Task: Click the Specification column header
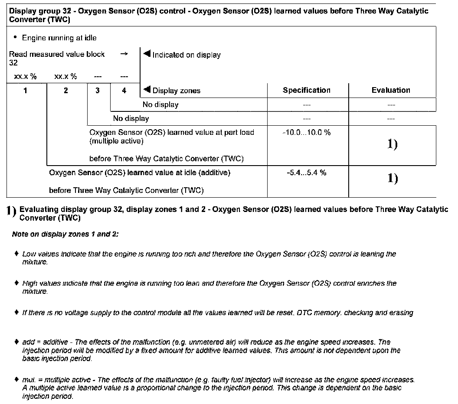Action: tap(307, 90)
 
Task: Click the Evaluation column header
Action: tap(391, 90)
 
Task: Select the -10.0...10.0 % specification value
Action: tap(307, 132)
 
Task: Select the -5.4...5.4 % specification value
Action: tap(307, 173)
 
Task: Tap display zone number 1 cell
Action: tap(26, 91)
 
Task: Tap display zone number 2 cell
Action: tap(66, 91)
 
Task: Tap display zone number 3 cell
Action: tap(98, 91)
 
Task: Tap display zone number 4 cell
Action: tap(124, 91)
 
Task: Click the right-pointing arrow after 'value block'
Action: tap(124, 54)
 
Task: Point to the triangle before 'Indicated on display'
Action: tap(146, 54)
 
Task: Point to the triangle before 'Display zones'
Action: tap(146, 90)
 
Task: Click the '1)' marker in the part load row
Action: tap(392, 145)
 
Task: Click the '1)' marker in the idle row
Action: tap(392, 178)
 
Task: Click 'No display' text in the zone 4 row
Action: tap(160, 104)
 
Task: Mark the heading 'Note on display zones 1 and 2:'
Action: tap(65, 234)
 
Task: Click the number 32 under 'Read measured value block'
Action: tap(13, 63)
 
